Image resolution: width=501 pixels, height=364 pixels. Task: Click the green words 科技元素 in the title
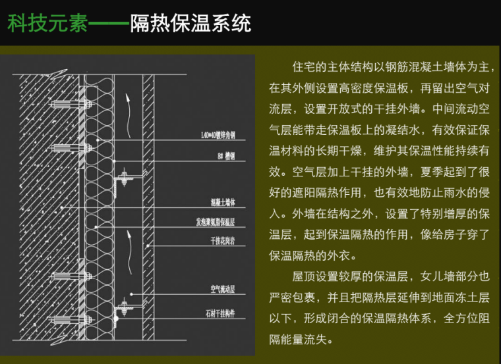click(x=47, y=24)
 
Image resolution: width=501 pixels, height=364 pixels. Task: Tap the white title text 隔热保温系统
click(x=191, y=24)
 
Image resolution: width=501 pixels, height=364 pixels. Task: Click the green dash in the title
click(x=108, y=24)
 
